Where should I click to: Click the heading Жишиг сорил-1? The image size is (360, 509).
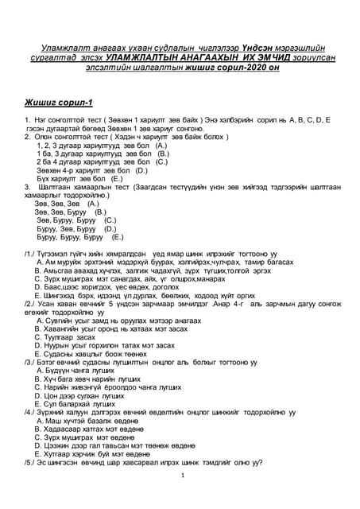59,102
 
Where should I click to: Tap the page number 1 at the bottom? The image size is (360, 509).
182,476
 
